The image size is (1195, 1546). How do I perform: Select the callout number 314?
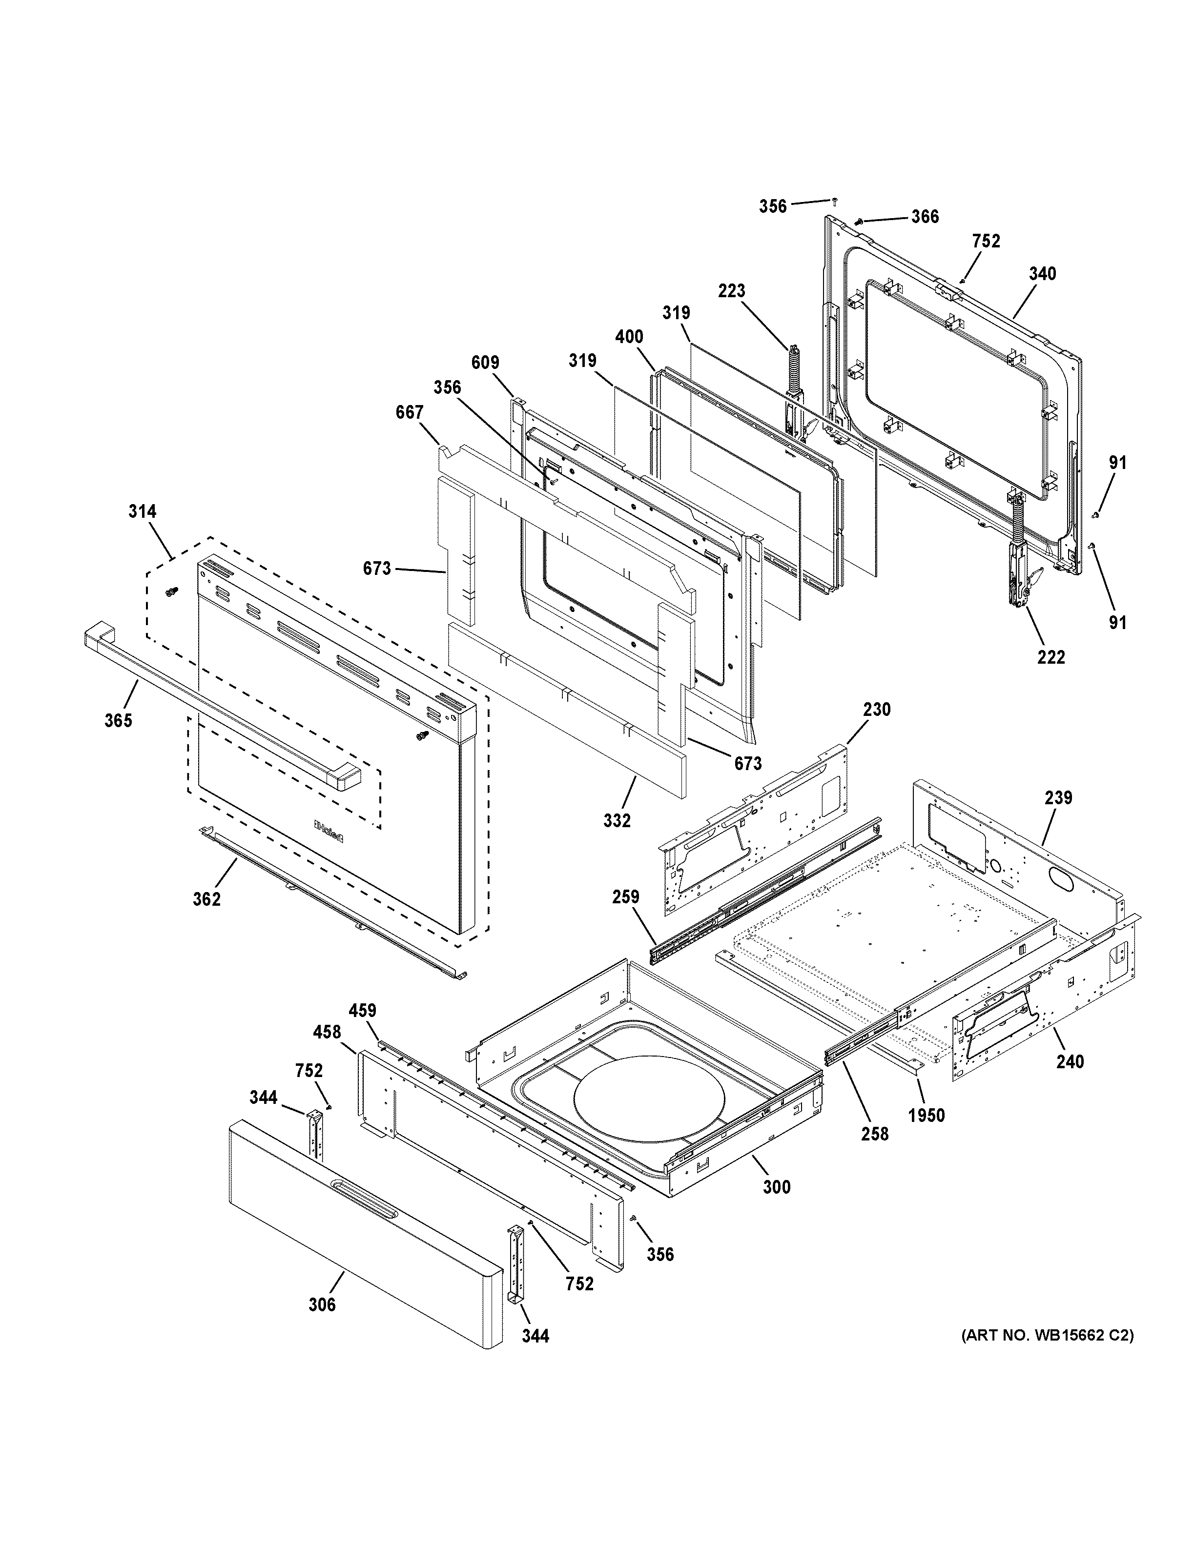142,511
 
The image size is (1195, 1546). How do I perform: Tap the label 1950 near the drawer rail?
927,1116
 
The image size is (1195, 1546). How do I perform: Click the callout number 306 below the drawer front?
322,1304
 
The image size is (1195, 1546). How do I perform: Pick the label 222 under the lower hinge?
1051,657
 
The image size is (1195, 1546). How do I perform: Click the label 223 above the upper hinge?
732,290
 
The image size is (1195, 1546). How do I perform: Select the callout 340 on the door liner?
1042,273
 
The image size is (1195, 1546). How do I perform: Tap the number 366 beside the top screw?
925,217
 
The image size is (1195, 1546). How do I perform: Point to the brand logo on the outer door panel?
329,832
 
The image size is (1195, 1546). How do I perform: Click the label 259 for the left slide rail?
626,897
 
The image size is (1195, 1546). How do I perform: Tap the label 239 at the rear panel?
1058,798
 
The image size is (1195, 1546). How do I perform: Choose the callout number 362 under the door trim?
206,899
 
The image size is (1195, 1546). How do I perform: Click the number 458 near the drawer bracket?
327,1032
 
